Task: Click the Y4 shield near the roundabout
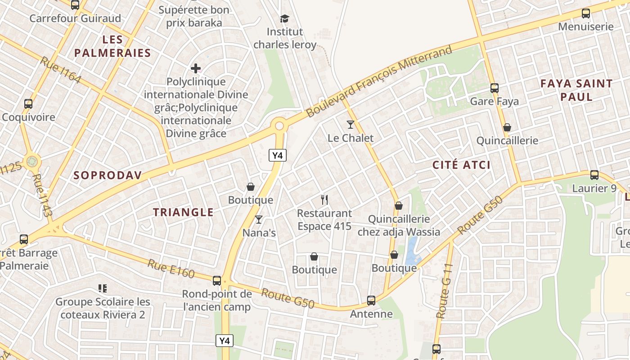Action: coord(278,156)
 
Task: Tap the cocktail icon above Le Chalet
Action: coord(351,124)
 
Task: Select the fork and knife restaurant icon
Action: coord(324,199)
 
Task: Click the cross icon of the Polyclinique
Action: coord(196,68)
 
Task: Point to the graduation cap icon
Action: coord(284,18)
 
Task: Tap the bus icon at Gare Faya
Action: coord(494,88)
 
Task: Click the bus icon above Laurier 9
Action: coord(594,175)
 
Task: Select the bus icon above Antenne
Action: coord(371,300)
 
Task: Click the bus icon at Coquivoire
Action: coord(28,104)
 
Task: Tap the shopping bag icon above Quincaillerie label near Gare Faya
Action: coord(507,127)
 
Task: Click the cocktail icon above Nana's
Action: coord(259,219)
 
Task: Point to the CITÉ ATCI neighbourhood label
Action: coord(461,165)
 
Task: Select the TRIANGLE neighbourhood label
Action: coord(183,212)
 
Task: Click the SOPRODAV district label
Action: coord(108,175)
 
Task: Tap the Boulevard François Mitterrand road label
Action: coord(378,81)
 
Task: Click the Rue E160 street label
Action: coord(171,269)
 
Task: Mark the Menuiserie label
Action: coord(585,27)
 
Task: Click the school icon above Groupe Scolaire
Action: coord(103,288)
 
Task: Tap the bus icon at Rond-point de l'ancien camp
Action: coord(216,280)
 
